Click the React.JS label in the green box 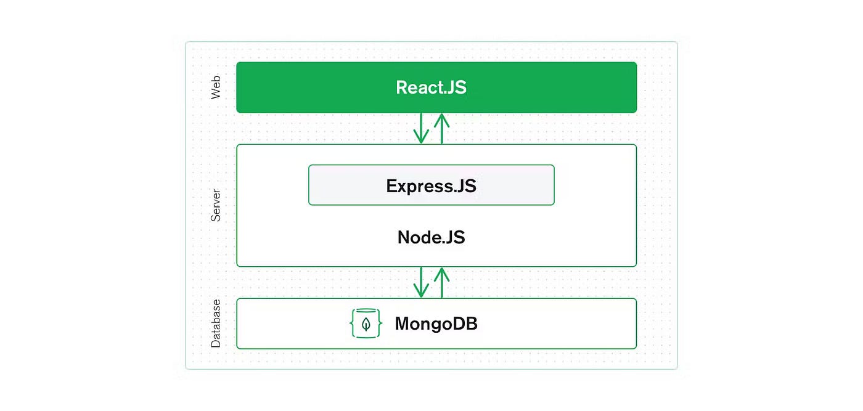(431, 87)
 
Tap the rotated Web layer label (216, 87)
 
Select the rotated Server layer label (216, 205)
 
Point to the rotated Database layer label (216, 324)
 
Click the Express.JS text (431, 186)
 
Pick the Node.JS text (431, 237)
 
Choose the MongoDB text (436, 324)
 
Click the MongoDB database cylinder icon (366, 324)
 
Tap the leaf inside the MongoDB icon (366, 324)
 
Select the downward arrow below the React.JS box (421, 128)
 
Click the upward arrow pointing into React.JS (441, 129)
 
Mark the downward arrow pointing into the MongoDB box (421, 282)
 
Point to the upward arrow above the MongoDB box (441, 283)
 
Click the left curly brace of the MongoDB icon (352, 324)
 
